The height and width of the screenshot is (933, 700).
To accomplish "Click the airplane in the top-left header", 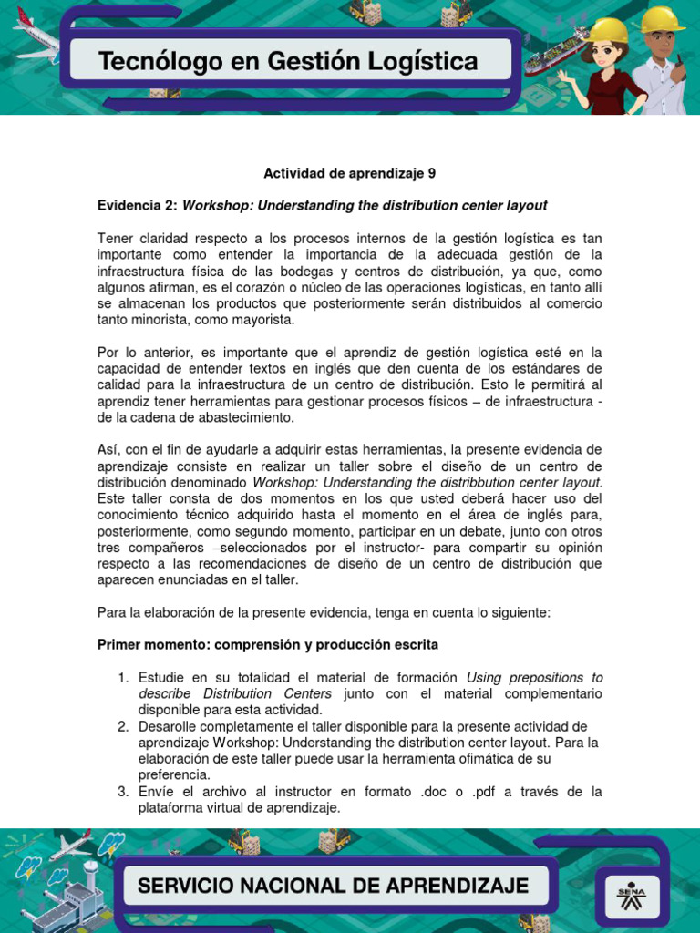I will tap(35, 36).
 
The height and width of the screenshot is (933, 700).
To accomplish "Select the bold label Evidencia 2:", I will tap(138, 205).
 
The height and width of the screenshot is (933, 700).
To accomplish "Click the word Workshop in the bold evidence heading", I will tap(215, 205).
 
